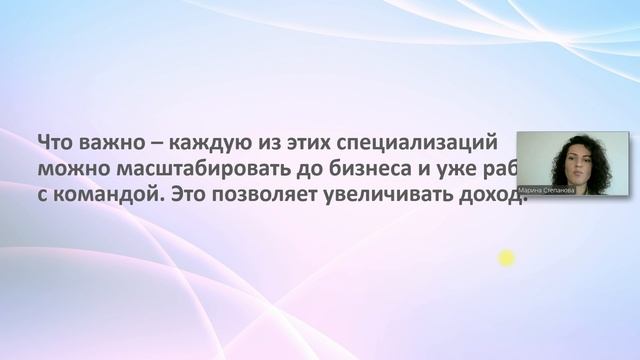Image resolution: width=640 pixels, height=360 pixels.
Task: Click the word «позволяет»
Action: (x=265, y=193)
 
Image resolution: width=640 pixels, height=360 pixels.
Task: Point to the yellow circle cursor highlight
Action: (x=506, y=259)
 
